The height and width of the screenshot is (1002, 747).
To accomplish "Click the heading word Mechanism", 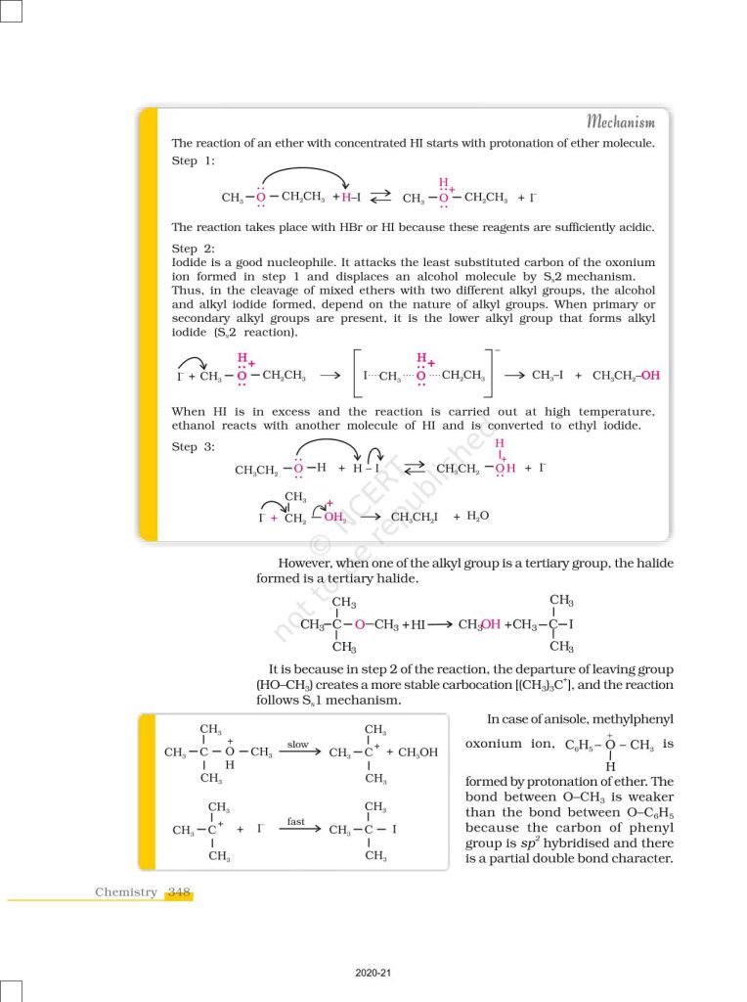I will [x=621, y=121].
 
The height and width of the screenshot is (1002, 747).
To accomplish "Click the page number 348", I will [x=179, y=891].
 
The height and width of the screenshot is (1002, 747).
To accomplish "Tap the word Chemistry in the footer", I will [x=125, y=891].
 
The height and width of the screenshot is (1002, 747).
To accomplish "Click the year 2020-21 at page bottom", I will [x=373, y=973].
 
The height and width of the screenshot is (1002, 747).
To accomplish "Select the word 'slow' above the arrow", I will [x=298, y=745].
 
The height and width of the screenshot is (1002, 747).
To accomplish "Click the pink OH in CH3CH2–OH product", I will [x=650, y=376].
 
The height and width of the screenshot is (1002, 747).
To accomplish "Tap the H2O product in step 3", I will [x=478, y=516].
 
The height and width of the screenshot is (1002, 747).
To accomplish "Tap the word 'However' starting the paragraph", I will [x=304, y=563].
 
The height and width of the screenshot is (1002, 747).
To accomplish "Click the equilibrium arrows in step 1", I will [x=379, y=197].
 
